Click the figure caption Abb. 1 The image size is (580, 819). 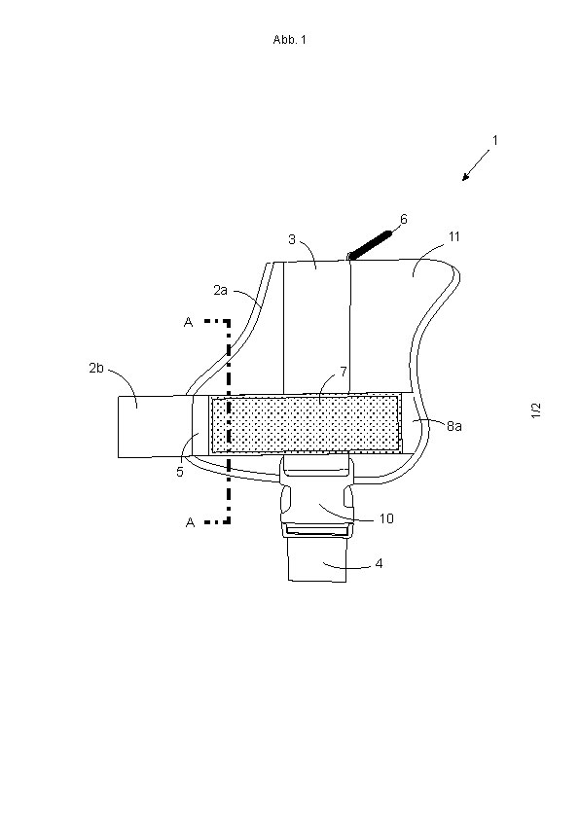(x=289, y=40)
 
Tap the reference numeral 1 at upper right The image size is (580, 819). (x=494, y=140)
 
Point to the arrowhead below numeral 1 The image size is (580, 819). (x=465, y=177)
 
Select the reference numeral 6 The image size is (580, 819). (x=403, y=220)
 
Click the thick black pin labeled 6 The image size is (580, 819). (x=370, y=245)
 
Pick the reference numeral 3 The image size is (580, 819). (x=292, y=239)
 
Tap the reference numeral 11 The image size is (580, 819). (x=454, y=236)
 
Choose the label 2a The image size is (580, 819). (x=221, y=290)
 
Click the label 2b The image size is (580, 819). (x=96, y=369)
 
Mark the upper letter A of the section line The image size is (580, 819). (x=189, y=322)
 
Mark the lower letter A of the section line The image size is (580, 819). (x=190, y=521)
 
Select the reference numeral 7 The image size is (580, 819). (x=344, y=372)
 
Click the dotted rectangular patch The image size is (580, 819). (x=306, y=423)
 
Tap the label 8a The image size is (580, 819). (x=454, y=426)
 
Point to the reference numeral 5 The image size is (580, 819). (x=180, y=472)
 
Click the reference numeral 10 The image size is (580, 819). (x=386, y=518)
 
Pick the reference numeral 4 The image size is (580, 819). (x=379, y=563)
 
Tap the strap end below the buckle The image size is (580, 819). (x=317, y=559)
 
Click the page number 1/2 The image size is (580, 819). (x=536, y=410)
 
